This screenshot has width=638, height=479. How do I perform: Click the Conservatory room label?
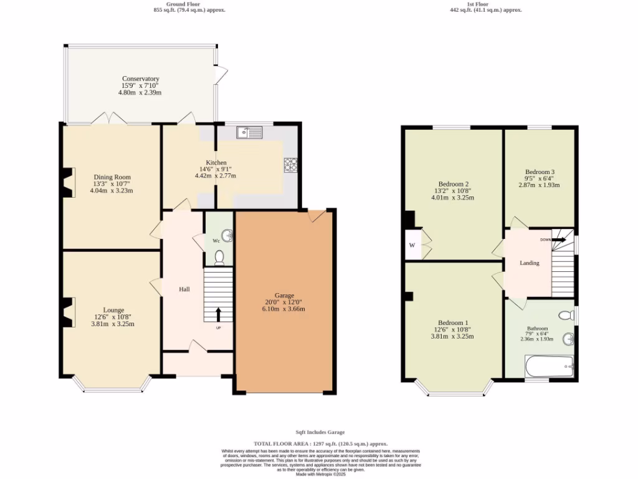[x=140, y=79]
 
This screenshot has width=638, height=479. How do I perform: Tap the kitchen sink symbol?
[x=249, y=132]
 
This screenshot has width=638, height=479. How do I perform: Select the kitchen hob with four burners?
[x=290, y=165]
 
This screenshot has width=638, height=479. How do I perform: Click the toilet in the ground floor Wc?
[x=219, y=258]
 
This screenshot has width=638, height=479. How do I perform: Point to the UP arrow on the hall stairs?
[x=218, y=314]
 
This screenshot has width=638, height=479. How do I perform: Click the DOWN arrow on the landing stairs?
[x=559, y=239]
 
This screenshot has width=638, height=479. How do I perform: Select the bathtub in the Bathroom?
[x=548, y=367]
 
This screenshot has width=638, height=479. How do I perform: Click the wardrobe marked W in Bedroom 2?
[x=412, y=245]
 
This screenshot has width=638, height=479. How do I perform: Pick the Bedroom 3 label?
[x=540, y=172]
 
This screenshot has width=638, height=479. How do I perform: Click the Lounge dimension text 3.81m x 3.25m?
[x=114, y=324]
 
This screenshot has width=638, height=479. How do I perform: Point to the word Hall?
[x=184, y=289]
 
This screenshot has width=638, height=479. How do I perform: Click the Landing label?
[x=530, y=263]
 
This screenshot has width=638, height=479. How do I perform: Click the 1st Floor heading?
[x=485, y=4]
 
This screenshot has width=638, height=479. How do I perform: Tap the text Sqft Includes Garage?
[x=320, y=432]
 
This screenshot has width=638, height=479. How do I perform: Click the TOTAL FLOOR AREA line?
[x=320, y=442]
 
